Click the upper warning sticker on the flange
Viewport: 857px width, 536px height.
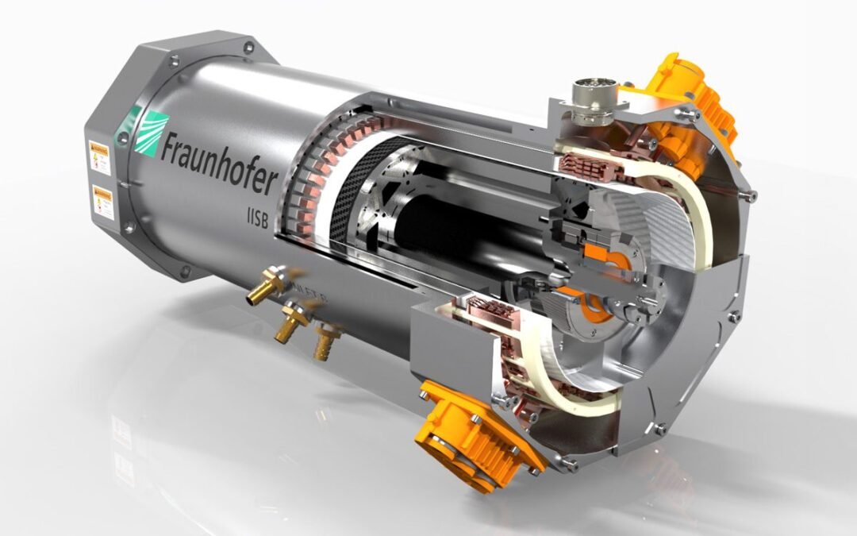point(100,154)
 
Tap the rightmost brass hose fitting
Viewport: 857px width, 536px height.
point(326,342)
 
